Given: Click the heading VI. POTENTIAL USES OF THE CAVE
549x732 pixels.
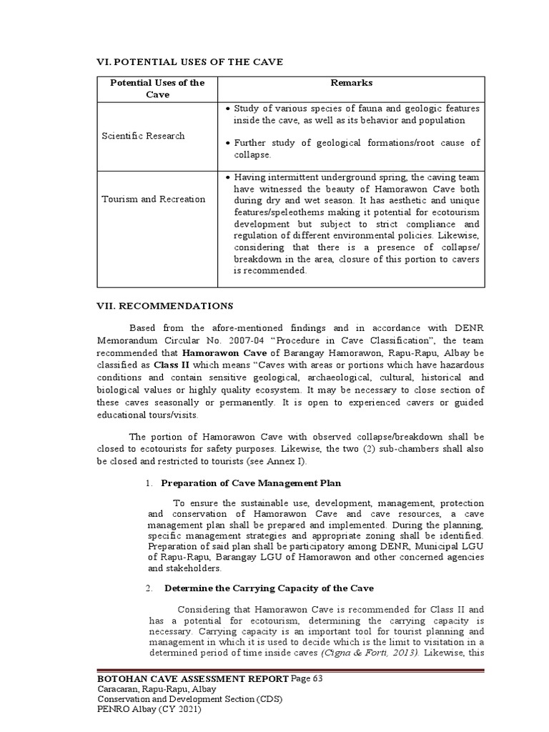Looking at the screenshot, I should coord(190,62).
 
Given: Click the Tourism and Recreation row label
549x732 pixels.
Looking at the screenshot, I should coord(153,199).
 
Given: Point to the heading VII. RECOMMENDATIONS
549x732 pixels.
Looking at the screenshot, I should coord(165,306).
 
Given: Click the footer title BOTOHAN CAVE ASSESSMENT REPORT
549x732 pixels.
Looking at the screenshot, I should coord(193,678).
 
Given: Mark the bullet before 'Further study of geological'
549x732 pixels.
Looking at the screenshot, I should coord(227,144).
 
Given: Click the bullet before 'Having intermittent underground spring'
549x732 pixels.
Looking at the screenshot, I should coord(227,177).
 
